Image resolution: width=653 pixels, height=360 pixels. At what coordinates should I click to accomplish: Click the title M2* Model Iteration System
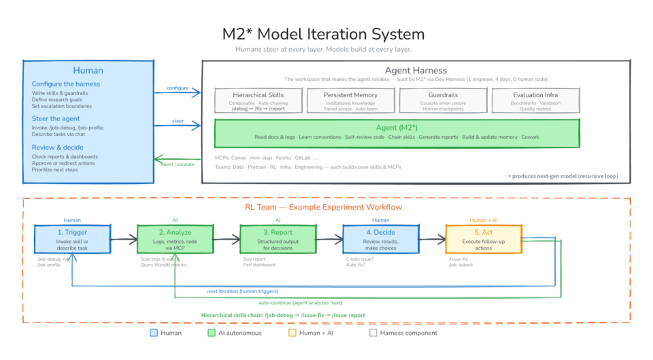(x=323, y=34)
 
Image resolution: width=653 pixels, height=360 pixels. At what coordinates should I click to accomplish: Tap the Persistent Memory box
(x=352, y=101)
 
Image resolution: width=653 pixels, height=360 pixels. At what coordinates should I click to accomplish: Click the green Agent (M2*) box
(x=397, y=133)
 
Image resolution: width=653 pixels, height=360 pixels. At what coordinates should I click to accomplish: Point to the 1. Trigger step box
(x=71, y=239)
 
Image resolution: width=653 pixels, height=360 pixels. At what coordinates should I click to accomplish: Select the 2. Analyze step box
(x=175, y=239)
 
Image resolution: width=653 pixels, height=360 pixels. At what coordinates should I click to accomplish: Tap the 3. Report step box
(x=278, y=239)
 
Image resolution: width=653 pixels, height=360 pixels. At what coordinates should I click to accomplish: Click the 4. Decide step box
(x=380, y=239)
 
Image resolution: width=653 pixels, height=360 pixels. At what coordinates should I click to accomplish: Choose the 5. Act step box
(x=483, y=239)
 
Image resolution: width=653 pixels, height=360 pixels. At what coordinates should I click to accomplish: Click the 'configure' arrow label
(x=178, y=88)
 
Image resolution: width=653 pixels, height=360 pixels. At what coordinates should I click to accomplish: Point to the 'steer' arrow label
(x=178, y=122)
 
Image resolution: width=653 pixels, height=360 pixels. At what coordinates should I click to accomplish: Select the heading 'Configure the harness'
(x=66, y=84)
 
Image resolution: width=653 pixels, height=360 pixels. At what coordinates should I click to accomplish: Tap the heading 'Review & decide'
(x=58, y=147)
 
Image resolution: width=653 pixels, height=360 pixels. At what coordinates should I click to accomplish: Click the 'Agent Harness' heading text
(x=416, y=70)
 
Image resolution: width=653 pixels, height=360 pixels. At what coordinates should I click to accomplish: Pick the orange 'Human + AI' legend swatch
(x=292, y=333)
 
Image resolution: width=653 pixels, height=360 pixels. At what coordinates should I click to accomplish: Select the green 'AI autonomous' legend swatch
(x=212, y=333)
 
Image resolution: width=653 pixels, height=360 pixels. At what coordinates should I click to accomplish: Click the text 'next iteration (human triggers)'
(x=243, y=291)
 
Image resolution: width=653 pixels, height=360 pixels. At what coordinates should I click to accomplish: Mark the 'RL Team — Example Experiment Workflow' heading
(x=323, y=207)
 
